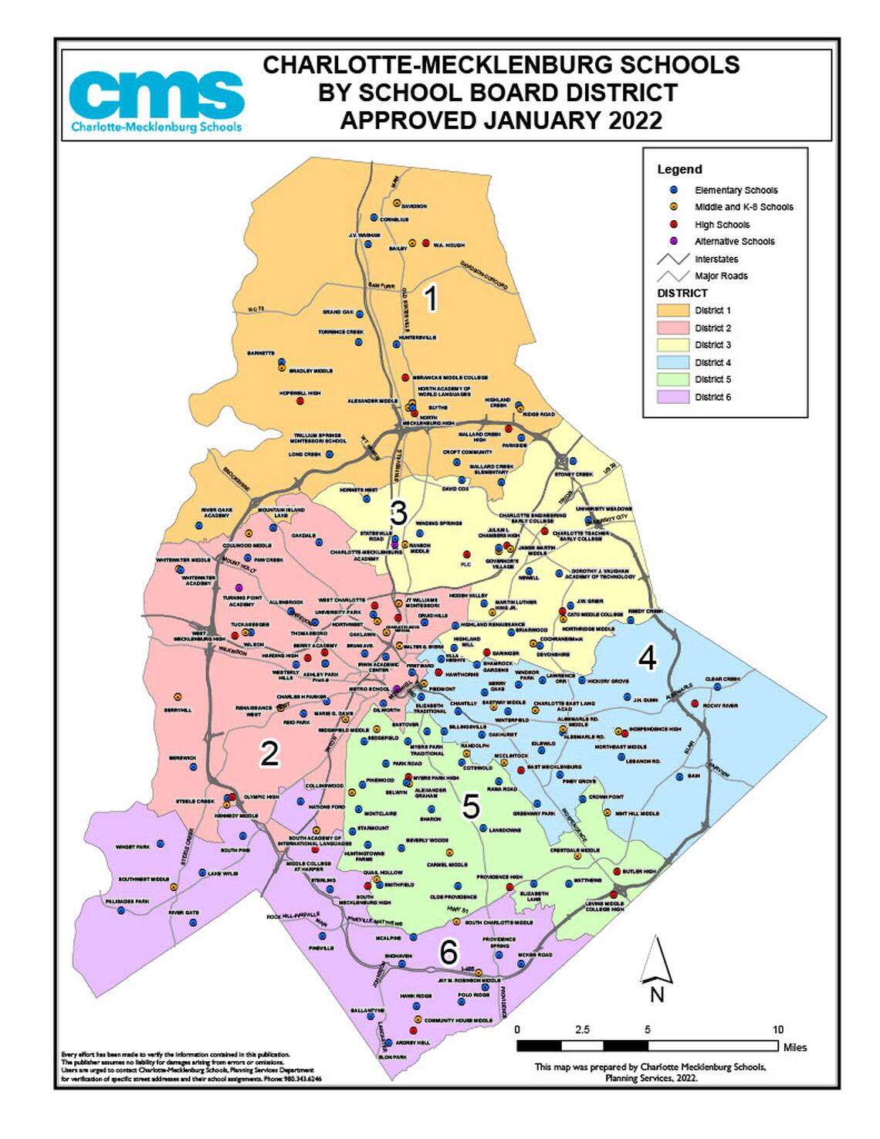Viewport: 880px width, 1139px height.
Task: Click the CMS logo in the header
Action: (156, 101)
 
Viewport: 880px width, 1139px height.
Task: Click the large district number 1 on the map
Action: (432, 298)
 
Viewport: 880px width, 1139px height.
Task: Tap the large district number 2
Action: (269, 753)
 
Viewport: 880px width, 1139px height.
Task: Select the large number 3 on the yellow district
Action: (398, 511)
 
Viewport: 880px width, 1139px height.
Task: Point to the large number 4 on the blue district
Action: (647, 658)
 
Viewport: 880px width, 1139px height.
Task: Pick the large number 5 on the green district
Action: (471, 806)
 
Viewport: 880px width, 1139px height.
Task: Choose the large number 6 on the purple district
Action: (448, 953)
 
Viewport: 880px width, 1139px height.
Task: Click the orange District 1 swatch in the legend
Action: (671, 310)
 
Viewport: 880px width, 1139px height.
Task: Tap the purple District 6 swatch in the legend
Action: (671, 397)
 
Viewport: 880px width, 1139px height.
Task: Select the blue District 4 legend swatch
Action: (671, 362)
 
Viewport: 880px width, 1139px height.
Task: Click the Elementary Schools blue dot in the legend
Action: (673, 190)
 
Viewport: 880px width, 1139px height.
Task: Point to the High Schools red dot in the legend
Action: (673, 225)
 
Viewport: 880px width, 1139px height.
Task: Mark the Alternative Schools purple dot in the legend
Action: (673, 242)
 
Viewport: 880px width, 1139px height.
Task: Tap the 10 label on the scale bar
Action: (777, 1029)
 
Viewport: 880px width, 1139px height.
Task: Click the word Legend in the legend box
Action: (679, 169)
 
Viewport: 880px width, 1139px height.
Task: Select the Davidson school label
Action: (414, 206)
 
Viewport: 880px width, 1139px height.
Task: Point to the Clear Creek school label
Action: (723, 680)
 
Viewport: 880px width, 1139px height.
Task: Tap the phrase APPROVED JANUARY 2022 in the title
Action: (501, 121)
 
